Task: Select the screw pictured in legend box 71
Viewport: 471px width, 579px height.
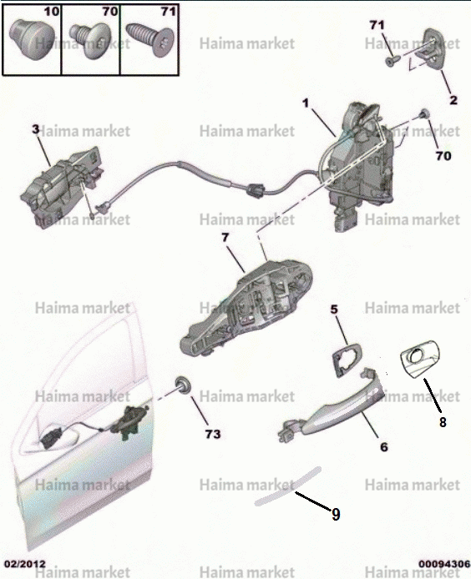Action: tap(149, 41)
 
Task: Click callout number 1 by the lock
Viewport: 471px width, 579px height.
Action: tap(306, 103)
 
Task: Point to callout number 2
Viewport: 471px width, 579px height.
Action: tap(453, 100)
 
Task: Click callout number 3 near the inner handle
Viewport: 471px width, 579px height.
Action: tap(35, 129)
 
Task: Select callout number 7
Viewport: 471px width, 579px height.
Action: tap(225, 238)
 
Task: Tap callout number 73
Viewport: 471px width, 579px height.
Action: tap(213, 434)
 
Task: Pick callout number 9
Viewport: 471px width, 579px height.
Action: tap(336, 514)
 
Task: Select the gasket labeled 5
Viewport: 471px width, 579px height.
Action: tap(347, 360)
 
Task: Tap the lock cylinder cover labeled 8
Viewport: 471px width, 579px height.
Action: tap(420, 359)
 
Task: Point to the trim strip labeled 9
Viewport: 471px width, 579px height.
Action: tap(288, 486)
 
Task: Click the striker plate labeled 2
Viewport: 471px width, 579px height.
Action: tap(429, 49)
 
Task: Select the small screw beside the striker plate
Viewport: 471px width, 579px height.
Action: tap(390, 61)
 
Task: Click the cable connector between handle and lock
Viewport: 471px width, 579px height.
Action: tap(255, 189)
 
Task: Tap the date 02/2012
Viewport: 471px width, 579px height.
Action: tap(25, 564)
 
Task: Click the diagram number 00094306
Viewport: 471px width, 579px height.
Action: tap(444, 564)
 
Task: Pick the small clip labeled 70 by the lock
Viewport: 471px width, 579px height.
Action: tap(423, 114)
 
